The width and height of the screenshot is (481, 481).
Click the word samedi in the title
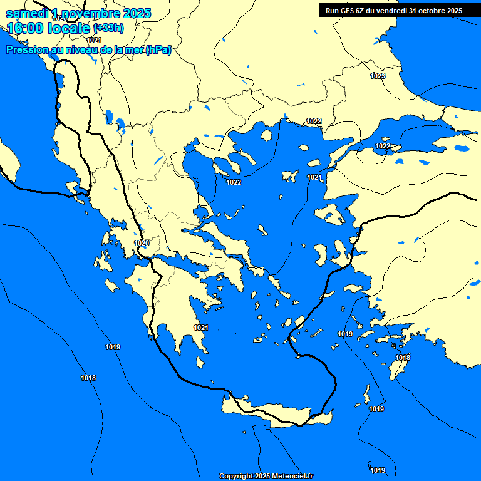[x=26, y=13]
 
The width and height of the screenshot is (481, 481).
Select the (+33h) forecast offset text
[x=108, y=28]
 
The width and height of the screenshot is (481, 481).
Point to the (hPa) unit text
[x=158, y=50]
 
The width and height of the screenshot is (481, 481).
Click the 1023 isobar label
[x=378, y=76]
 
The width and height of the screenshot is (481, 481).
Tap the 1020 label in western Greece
[x=142, y=243]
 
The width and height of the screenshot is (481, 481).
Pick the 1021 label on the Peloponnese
[x=201, y=328]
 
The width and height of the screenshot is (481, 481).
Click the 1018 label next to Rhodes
[x=403, y=358]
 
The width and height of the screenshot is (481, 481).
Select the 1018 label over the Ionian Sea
[x=88, y=378]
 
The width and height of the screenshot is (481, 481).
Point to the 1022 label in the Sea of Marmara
[x=383, y=146]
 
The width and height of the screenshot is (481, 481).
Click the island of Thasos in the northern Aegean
[x=266, y=135]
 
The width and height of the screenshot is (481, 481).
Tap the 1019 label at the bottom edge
[x=378, y=470]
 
